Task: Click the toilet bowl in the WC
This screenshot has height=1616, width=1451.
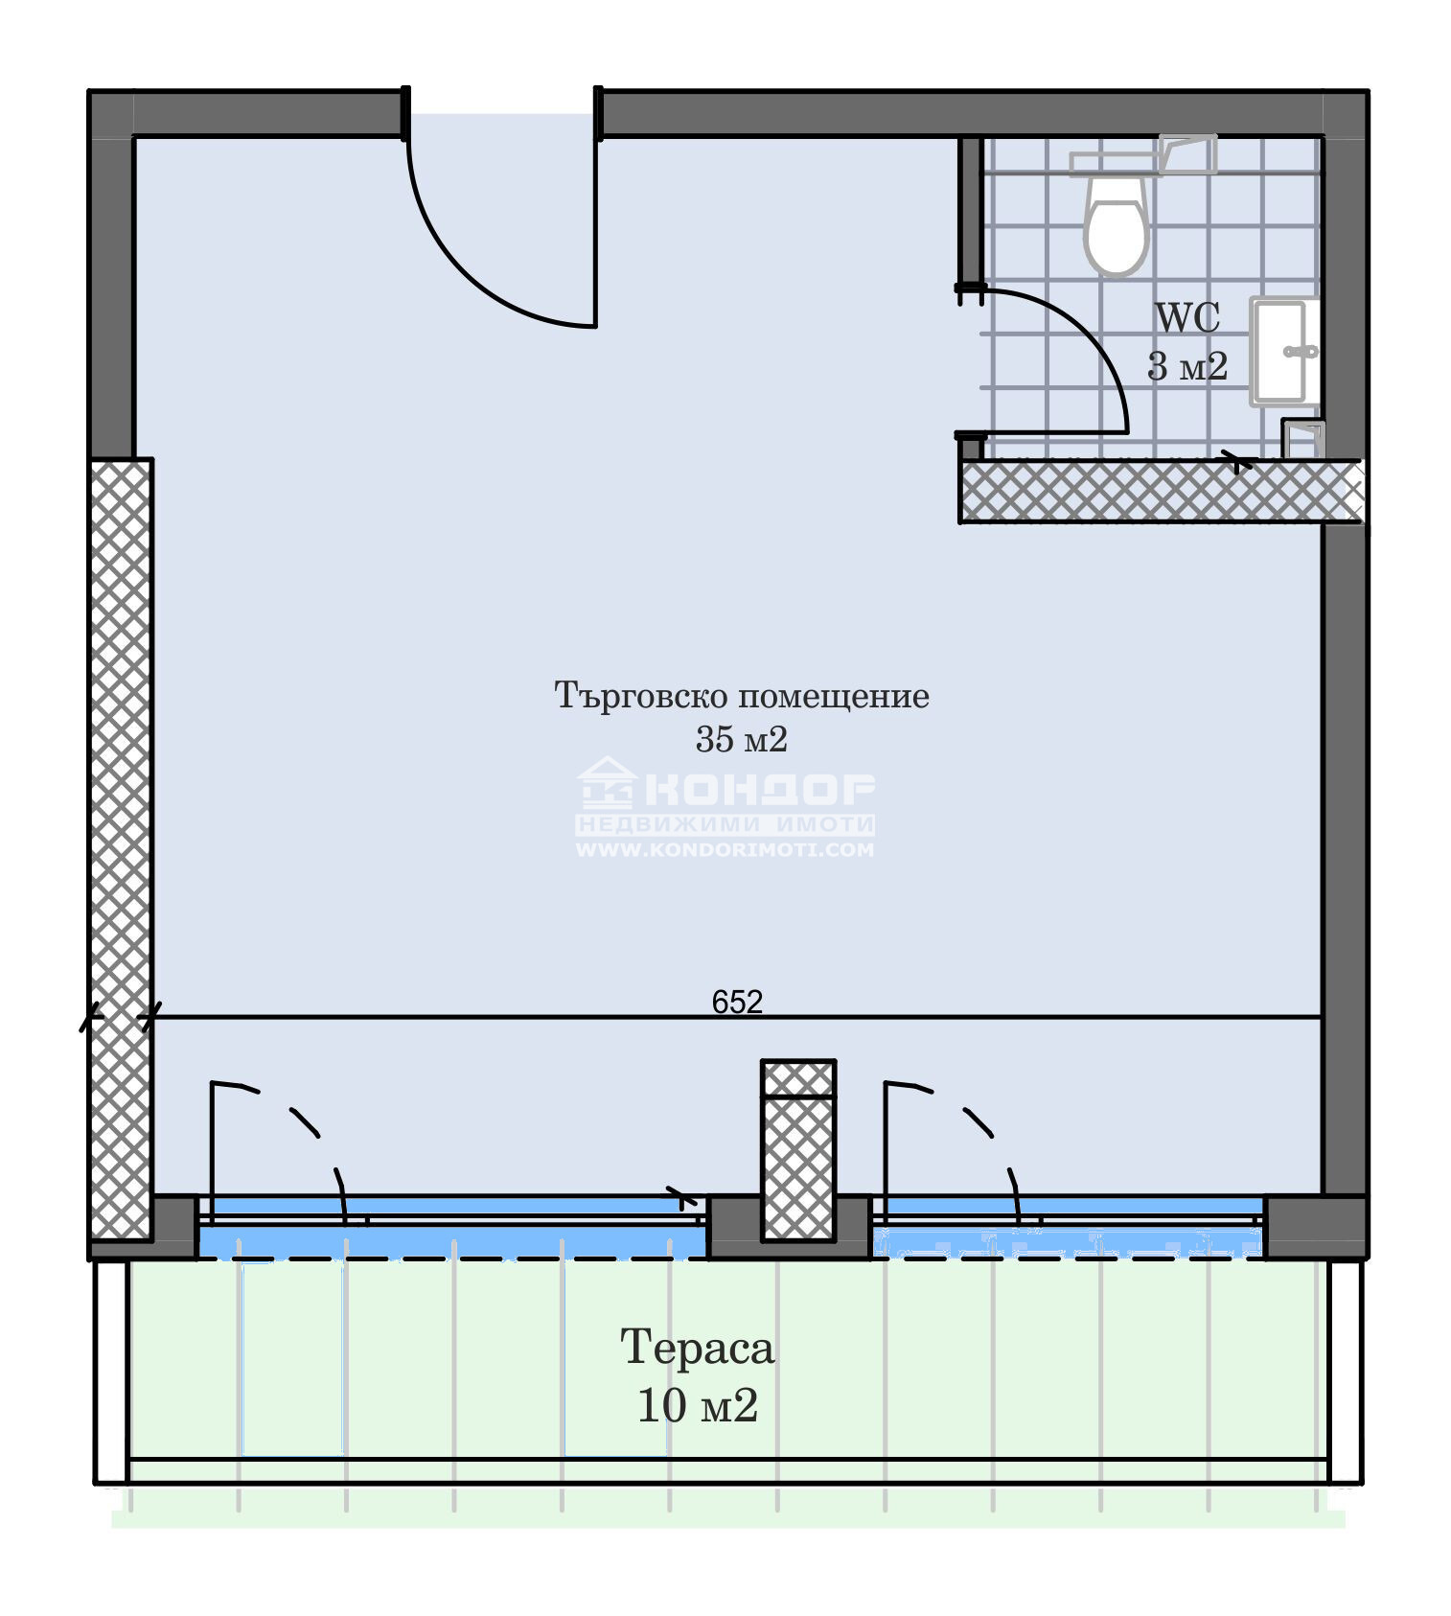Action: (x=1116, y=225)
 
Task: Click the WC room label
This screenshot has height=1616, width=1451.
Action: (x=1187, y=317)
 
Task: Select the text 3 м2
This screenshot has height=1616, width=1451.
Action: (x=1187, y=366)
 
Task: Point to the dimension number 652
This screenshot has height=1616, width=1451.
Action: (x=737, y=1002)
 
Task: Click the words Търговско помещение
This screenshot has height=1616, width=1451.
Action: (x=742, y=696)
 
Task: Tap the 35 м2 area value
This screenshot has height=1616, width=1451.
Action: (x=742, y=739)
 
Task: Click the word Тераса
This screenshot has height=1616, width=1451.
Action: (x=697, y=1348)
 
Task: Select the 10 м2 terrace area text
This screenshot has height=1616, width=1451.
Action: (x=698, y=1406)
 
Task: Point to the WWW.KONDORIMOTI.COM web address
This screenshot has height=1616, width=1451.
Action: (x=725, y=849)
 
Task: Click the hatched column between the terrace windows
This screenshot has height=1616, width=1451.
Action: (x=798, y=1151)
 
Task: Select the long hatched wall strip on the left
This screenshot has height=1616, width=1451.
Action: (x=120, y=849)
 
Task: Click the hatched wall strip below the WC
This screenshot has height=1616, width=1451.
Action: (x=1161, y=492)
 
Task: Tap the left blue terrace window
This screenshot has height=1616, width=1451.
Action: (x=452, y=1228)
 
